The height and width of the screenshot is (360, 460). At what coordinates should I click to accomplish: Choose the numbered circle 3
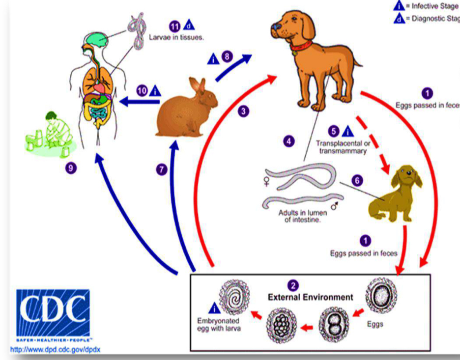pyautogui.click(x=243, y=111)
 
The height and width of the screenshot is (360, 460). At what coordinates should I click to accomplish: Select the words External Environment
pyautogui.click(x=310, y=297)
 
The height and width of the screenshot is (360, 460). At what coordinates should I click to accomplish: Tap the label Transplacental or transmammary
pyautogui.click(x=341, y=147)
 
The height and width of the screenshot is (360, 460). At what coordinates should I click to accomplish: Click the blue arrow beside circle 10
pyautogui.click(x=141, y=102)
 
